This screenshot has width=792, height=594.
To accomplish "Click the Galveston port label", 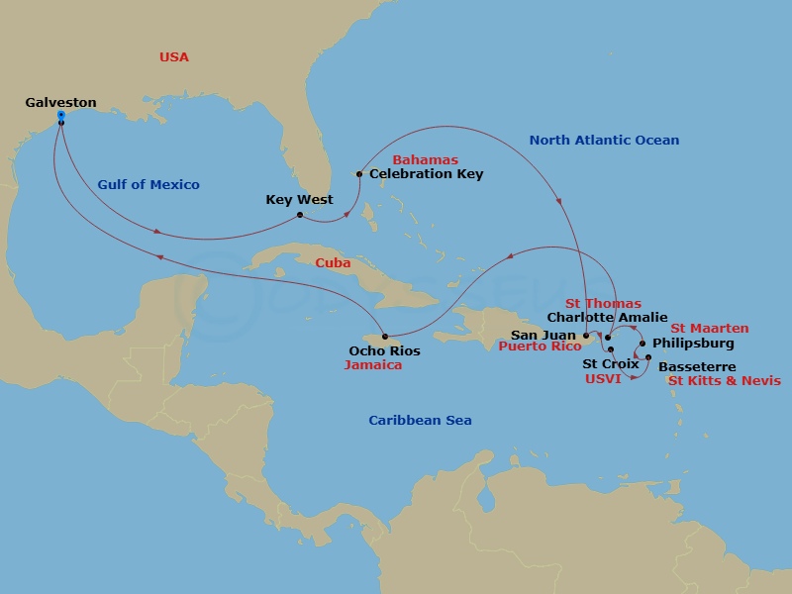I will click(x=61, y=102).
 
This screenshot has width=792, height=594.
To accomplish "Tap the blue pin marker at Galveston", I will click(x=61, y=117).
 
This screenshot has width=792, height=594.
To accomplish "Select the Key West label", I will click(x=299, y=200).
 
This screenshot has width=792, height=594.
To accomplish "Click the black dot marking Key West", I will click(x=300, y=214).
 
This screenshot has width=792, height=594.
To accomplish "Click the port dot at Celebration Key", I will click(x=359, y=174).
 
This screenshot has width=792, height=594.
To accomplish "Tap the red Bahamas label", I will click(x=426, y=159).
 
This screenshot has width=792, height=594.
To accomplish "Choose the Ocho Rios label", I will click(x=384, y=350).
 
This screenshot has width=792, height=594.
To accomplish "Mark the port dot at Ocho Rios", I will click(x=384, y=337).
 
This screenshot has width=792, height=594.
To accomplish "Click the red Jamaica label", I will click(x=373, y=365).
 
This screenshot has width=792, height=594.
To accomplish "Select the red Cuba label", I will click(x=333, y=263).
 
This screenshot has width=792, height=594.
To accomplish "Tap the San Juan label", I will click(x=543, y=335).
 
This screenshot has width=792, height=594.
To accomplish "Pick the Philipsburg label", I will click(x=693, y=344).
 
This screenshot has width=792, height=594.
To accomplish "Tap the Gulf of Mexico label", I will click(x=148, y=184).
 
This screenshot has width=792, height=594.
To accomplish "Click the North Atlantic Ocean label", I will click(x=604, y=140).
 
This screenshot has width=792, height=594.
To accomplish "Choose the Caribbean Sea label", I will click(x=420, y=421).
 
